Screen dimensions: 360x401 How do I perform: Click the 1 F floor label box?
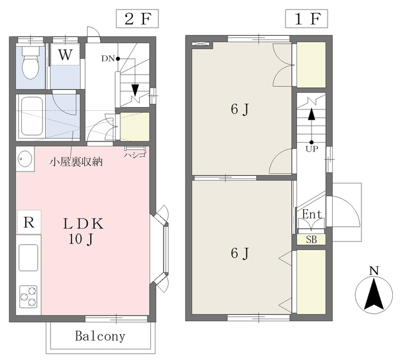tap(306, 18)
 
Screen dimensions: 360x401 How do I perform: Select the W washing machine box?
tap(65, 54)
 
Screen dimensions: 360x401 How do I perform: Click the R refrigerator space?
tap(28, 222)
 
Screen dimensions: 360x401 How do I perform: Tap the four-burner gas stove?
tap(28, 296)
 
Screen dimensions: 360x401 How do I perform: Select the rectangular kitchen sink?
tap(28, 257)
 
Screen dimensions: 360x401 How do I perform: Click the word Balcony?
tap(100, 336)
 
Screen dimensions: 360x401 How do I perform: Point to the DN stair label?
tap(108, 59)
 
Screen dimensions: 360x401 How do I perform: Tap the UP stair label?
tap(311, 150)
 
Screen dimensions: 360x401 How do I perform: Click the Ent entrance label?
tap(311, 215)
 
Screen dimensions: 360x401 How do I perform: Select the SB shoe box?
tap(311, 239)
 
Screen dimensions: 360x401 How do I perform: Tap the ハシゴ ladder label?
tap(134, 155)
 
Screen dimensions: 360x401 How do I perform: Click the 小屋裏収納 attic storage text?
tap(76, 162)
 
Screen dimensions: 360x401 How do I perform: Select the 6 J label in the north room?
tap(240, 110)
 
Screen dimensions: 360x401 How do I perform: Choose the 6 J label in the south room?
tap(240, 254)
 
